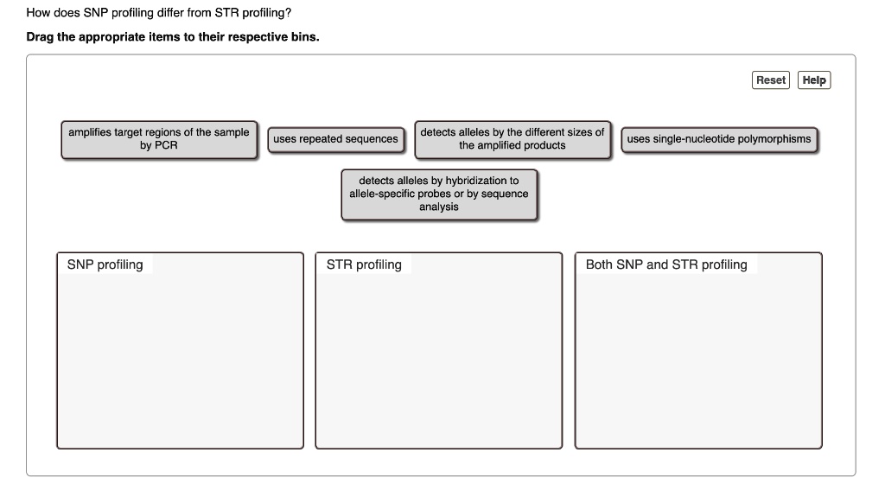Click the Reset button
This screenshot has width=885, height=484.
(x=771, y=80)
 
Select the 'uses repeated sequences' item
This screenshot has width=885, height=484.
(x=335, y=139)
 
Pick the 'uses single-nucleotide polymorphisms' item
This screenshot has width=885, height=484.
(x=719, y=139)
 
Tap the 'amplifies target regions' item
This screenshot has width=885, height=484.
(x=159, y=139)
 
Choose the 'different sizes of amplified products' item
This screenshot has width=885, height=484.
(x=513, y=139)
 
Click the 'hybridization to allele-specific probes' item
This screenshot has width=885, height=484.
(x=439, y=194)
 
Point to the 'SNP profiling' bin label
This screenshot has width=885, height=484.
(x=105, y=264)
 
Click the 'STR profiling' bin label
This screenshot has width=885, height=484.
(x=364, y=264)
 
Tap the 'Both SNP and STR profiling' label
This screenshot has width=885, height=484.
(x=666, y=264)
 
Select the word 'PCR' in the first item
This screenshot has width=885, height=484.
(x=165, y=145)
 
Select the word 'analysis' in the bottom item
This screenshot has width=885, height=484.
(x=439, y=207)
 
